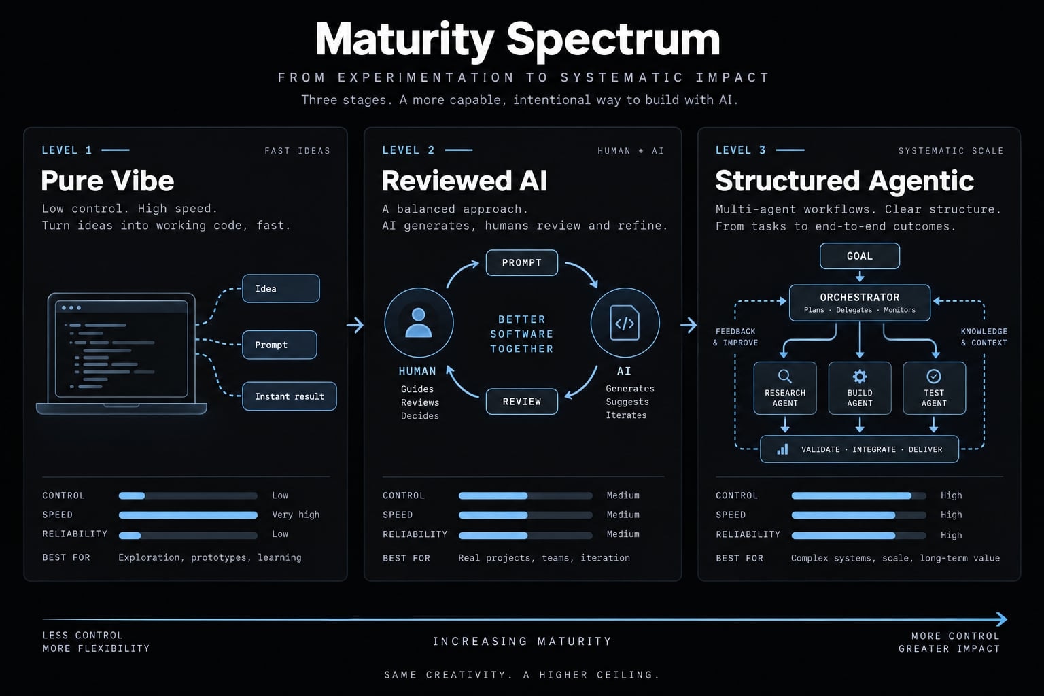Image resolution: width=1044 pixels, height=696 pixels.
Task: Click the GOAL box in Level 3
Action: coord(859,256)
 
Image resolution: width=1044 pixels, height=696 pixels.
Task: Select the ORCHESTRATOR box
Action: coord(859,303)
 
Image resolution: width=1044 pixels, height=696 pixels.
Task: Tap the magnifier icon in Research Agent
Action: coord(785,376)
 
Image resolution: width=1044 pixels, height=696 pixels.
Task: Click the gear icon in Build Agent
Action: coord(859,376)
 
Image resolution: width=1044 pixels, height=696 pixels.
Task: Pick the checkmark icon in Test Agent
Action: coord(933,376)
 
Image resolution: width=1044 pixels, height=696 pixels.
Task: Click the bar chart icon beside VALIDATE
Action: coord(782,449)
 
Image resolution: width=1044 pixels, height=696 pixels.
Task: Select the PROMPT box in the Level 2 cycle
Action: coord(521,263)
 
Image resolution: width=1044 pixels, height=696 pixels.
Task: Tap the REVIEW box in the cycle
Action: coord(521,402)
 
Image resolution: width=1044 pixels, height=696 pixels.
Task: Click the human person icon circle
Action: coord(419,323)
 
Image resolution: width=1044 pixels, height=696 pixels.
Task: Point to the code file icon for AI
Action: coord(625,323)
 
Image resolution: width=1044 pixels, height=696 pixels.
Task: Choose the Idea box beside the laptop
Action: coord(281,289)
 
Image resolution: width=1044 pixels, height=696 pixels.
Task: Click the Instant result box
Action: coord(290,396)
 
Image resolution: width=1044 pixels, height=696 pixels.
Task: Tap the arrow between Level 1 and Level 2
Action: coord(355,325)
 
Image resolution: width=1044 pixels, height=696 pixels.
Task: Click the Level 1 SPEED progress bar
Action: coord(188,515)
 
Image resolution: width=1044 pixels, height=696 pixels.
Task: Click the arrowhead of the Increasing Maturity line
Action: coord(1002,619)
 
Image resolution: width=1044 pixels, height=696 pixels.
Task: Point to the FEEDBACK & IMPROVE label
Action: coord(735,337)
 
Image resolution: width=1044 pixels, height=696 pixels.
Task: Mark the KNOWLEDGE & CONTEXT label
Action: coord(984,337)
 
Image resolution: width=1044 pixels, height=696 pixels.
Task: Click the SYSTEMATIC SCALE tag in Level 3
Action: coord(951,151)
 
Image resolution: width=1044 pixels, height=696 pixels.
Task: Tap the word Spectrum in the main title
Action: coord(613,39)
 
